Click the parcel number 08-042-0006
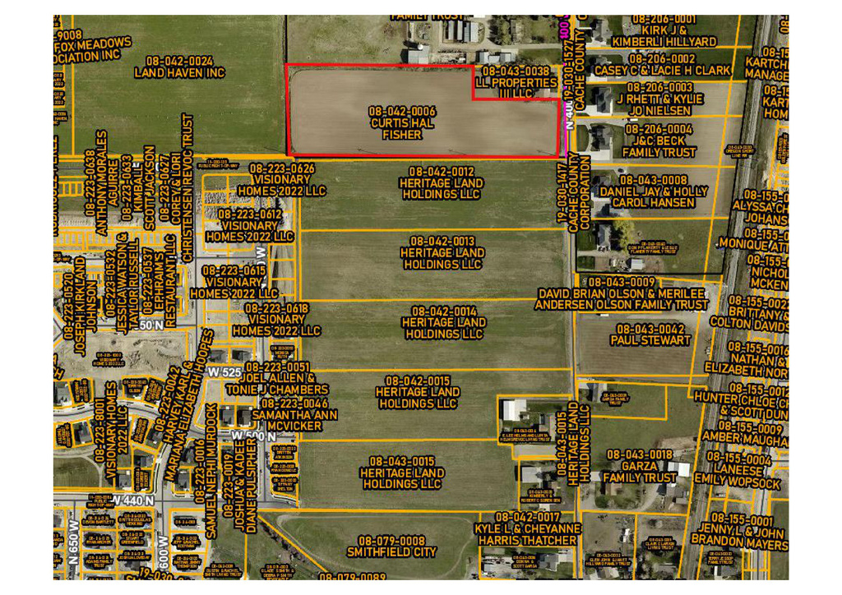click(402, 111)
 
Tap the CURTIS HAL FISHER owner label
click(402, 129)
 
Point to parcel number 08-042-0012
click(441, 171)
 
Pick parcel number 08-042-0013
click(442, 242)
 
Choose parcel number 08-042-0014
click(443, 311)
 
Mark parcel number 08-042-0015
click(419, 381)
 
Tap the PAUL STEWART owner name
click(650, 340)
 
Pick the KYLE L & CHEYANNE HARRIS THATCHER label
click(526, 535)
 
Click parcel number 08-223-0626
click(282, 168)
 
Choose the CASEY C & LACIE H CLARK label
click(662, 71)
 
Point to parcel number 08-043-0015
click(402, 462)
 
